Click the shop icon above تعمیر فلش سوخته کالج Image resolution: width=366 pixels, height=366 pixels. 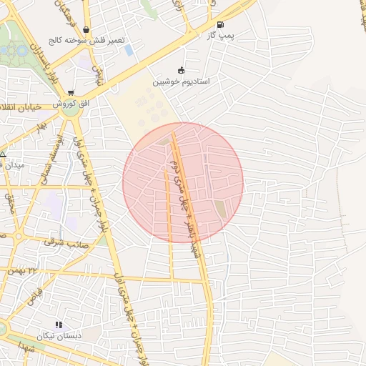click(86, 30)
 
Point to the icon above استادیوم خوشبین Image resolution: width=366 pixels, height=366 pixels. click(181, 70)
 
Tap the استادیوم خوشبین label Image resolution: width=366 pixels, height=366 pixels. click(181, 81)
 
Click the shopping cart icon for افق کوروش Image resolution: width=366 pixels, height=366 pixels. click(70, 92)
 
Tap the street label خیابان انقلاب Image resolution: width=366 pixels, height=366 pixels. click(27, 108)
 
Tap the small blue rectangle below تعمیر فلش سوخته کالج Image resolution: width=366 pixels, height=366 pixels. click(129, 51)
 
